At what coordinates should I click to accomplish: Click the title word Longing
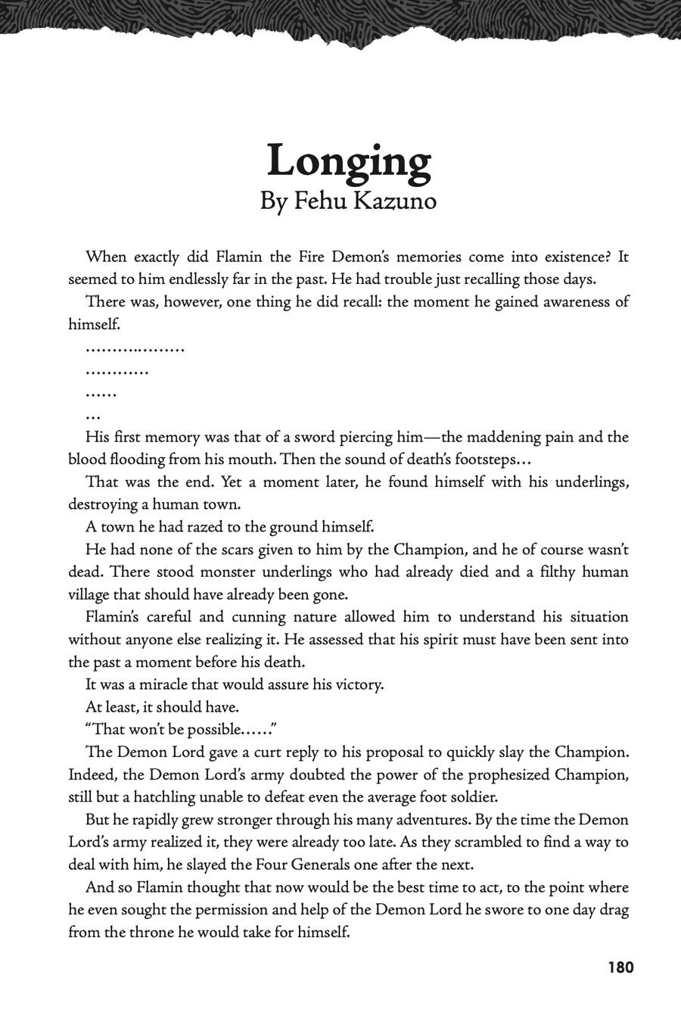tap(349, 161)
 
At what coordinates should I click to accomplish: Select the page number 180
tap(620, 967)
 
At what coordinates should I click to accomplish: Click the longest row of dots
tap(135, 350)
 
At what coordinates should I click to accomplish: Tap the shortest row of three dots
tap(93, 417)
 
